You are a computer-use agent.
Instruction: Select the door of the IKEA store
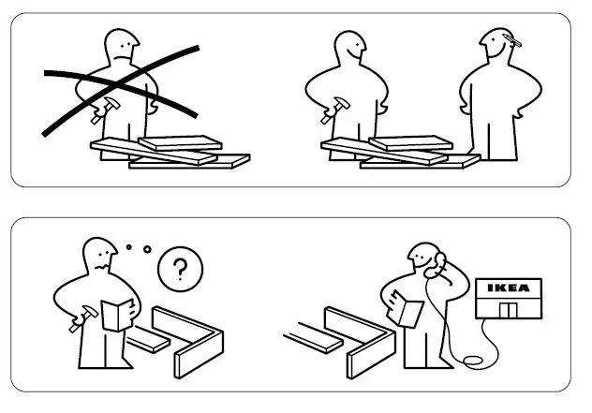(x=511, y=310)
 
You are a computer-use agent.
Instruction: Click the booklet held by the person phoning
(x=408, y=308)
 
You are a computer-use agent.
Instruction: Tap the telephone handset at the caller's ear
(x=433, y=269)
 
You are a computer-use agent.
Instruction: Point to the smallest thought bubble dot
(x=128, y=247)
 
